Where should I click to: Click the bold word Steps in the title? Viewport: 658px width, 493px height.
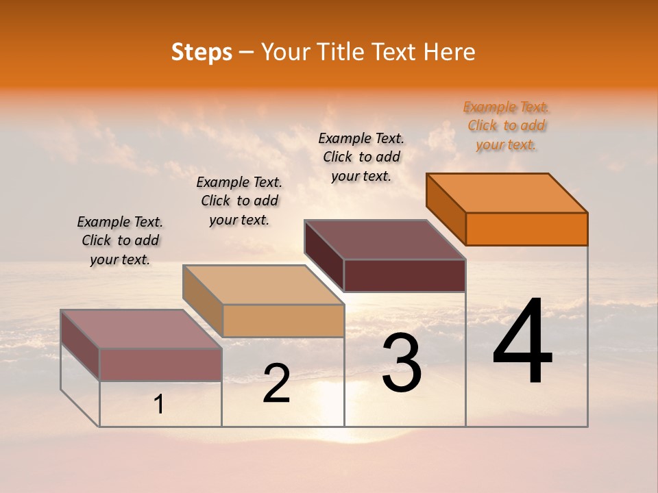click(x=202, y=53)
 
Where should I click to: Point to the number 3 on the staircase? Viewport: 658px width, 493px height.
click(x=402, y=363)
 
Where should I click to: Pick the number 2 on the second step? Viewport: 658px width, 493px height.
click(x=277, y=383)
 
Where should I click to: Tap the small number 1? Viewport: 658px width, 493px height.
click(x=159, y=405)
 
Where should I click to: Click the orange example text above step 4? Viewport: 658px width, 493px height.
click(x=506, y=125)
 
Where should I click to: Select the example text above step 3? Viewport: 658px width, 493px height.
click(x=361, y=157)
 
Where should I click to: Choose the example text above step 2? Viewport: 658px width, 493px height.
click(x=239, y=201)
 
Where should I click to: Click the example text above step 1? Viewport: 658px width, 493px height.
click(x=120, y=240)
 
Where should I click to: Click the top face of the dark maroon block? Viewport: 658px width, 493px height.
click(x=384, y=240)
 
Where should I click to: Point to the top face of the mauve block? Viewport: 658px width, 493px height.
click(x=141, y=329)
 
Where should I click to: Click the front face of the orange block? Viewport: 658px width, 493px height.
click(x=526, y=229)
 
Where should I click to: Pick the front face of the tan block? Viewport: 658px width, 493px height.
click(x=283, y=320)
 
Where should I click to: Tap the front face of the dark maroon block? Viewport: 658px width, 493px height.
click(x=404, y=275)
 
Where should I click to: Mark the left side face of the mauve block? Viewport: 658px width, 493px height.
click(x=80, y=346)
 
